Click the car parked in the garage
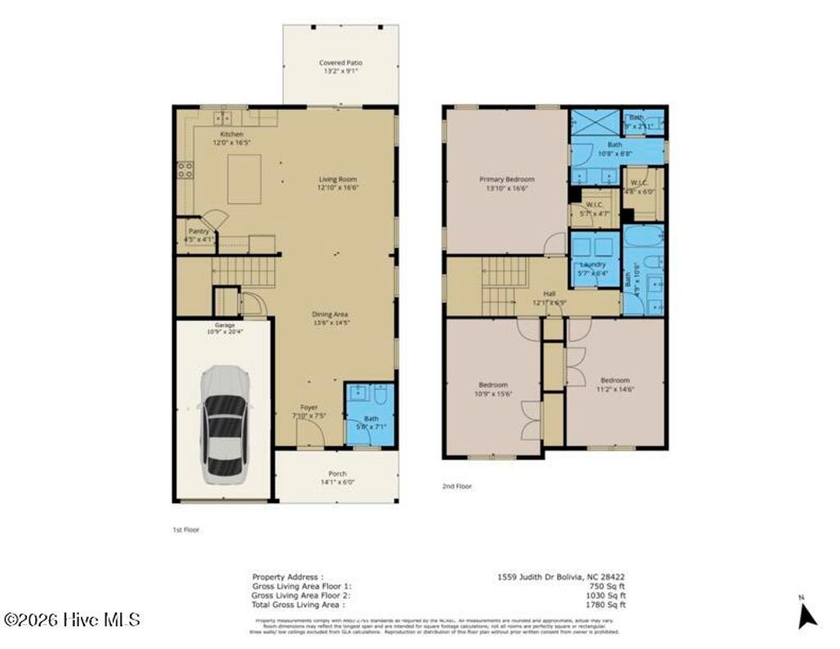pos(223,425)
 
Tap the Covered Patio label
pos(340,63)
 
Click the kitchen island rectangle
pos(244,178)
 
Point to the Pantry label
pos(198,231)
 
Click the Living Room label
pos(338,179)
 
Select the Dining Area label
pos(331,313)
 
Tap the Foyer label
pos(308,407)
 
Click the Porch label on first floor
pos(337,473)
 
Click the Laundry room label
pos(592,265)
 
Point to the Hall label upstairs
pos(550,293)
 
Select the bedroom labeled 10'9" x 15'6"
pos(493,385)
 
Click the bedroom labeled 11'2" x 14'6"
pos(614,380)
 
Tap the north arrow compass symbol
pos(807,613)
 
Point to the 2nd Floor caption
pos(457,487)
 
